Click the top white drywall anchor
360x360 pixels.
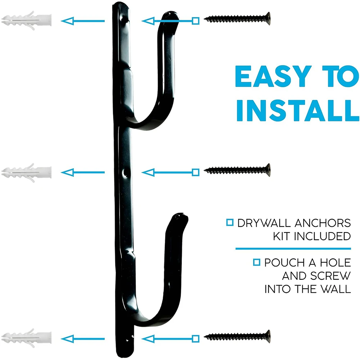(x=26, y=21)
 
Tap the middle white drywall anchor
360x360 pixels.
(x=26, y=173)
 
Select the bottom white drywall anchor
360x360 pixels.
(x=26, y=338)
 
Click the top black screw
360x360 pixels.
(x=237, y=19)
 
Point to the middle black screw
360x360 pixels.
(x=237, y=170)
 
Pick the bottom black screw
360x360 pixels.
(x=237, y=337)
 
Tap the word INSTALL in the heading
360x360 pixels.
(x=298, y=111)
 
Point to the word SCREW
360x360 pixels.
(x=330, y=276)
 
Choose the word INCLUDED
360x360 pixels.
(x=322, y=236)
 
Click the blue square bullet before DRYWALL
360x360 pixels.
(x=230, y=222)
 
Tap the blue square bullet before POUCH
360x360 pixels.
(x=257, y=262)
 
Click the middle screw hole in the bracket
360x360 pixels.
(x=125, y=173)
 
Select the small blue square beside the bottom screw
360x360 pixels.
(x=195, y=339)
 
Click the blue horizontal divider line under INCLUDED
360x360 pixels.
(x=293, y=249)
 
